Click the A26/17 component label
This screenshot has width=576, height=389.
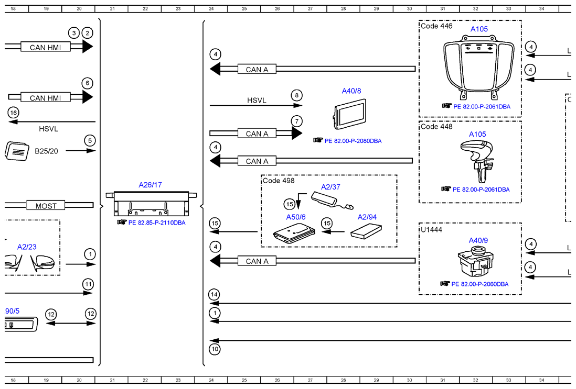150,185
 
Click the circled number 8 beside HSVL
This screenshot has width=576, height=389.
297,95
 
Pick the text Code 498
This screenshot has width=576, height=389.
279,181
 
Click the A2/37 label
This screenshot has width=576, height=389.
330,187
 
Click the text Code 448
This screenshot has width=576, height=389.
437,127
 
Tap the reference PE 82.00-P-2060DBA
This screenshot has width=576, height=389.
480,284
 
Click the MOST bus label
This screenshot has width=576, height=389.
46,206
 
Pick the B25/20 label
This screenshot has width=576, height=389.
46,151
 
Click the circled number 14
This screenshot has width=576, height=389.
214,294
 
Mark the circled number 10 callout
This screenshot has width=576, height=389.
215,349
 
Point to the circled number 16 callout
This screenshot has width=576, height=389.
14,113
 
